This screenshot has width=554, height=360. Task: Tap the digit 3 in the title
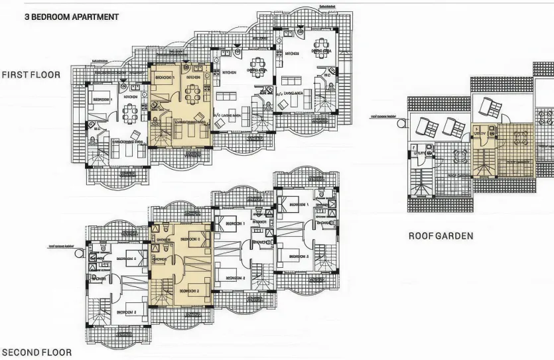27,17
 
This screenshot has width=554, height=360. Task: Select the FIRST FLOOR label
31,75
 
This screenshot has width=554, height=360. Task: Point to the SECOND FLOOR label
36,353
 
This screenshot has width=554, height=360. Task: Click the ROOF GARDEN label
441,236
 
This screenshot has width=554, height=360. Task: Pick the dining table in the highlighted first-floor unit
193,93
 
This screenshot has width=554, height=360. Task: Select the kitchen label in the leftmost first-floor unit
130,97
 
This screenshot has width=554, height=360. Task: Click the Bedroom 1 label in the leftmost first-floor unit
101,99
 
